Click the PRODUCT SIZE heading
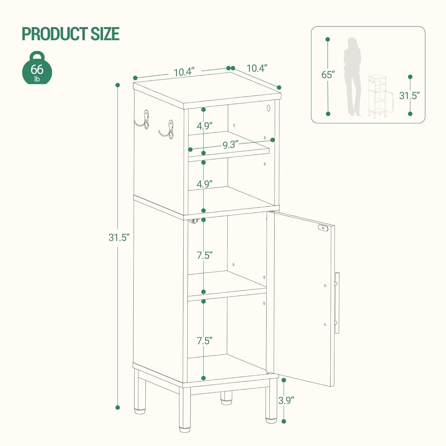coord(70,34)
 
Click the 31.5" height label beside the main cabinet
coord(119,237)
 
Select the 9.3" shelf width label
coord(231,145)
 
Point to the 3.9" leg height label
coord(286,400)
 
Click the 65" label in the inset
coord(328,75)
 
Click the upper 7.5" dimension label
coord(204,255)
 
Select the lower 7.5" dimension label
coord(204,340)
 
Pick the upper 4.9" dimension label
coord(204,126)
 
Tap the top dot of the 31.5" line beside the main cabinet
coord(118,85)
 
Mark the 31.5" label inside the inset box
coord(409,95)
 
